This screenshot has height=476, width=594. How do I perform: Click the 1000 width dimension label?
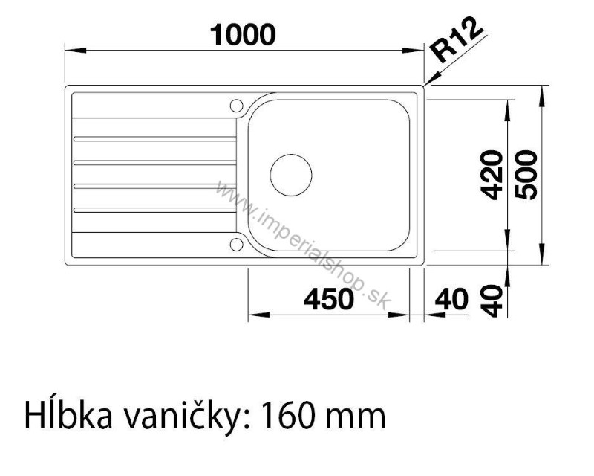point(243,35)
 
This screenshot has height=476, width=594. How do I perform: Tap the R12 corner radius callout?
point(457,39)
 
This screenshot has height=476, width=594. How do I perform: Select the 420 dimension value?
point(492,175)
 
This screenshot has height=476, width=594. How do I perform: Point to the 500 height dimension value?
point(526,175)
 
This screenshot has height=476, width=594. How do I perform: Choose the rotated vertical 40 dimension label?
point(492,300)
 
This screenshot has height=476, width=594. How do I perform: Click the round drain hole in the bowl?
point(291,175)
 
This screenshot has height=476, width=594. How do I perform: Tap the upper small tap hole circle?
point(236,105)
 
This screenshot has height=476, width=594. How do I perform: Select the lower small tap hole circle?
point(236,244)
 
